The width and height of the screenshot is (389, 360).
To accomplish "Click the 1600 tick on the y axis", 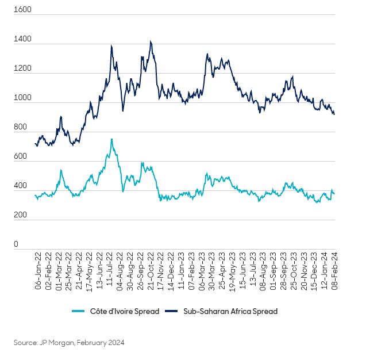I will tap(23, 10).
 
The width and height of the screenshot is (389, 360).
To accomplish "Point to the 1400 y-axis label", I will tap(23, 40).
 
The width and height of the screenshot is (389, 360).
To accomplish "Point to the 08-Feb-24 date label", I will tap(333, 271).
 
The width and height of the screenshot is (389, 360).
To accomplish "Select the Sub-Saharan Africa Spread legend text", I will tap(230, 311).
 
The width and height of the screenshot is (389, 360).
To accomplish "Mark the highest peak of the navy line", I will tap(151, 41).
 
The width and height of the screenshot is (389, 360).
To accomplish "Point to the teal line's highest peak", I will tap(111, 139).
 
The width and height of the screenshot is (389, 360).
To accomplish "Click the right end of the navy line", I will tap(334, 114).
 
